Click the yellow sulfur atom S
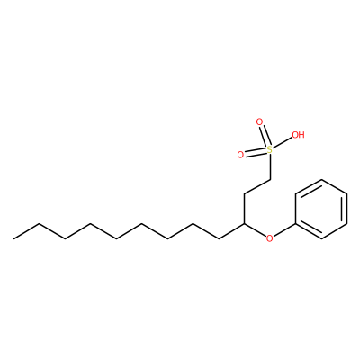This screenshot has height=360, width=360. tap(270, 149)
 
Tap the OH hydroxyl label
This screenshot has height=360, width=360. tap(298, 135)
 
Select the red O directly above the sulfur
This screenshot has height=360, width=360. tap(259, 122)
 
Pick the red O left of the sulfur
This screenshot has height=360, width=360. tap(240, 155)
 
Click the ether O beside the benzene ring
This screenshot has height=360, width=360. tap(270, 238)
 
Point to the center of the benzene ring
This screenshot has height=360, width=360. tap(321, 209)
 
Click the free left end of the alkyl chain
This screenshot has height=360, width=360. tap(13, 238)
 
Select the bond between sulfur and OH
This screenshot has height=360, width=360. tap(283, 142)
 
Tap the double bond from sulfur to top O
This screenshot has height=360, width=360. tap(265, 135)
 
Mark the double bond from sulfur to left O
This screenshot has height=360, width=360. tap(256, 152)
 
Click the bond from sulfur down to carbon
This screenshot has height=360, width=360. tap(270, 166)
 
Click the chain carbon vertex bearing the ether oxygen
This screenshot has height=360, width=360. tap(244, 224)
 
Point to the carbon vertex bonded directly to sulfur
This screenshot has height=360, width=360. tap(270, 180)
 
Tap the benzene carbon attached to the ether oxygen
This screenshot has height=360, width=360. tap(296, 224)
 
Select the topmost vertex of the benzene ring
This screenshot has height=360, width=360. tap(321, 180)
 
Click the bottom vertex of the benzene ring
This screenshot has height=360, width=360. tap(321, 238)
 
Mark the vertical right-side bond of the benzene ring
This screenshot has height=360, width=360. tap(347, 209)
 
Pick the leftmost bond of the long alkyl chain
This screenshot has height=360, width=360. tap(26, 231)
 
